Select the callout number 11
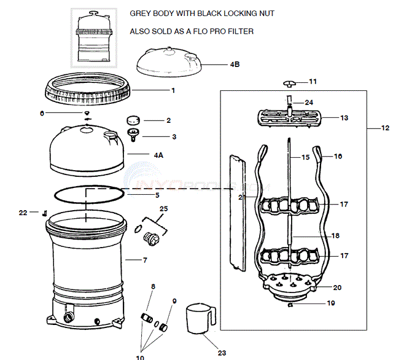coord(313,81)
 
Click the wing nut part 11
coord(290,82)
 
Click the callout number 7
coord(145,260)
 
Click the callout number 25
coord(162,209)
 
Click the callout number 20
coord(337,288)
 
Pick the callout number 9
coord(174,301)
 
